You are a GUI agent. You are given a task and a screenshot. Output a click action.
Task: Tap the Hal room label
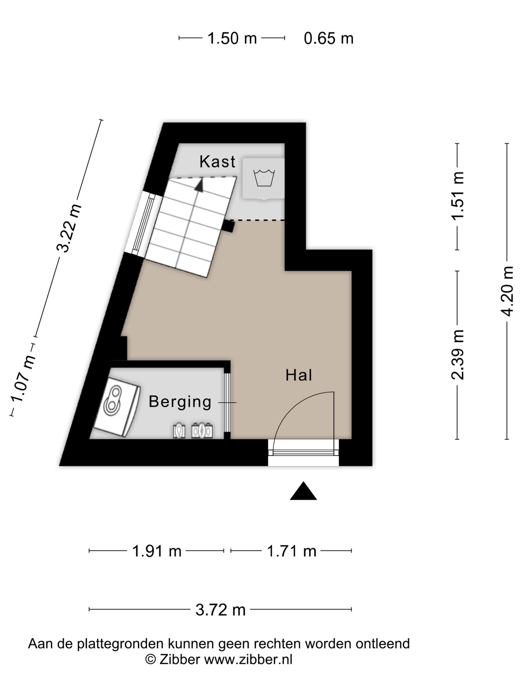click(x=299, y=375)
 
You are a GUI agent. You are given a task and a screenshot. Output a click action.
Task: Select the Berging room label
click(x=180, y=402)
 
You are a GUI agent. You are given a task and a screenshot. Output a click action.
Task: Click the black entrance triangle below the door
click(x=303, y=491)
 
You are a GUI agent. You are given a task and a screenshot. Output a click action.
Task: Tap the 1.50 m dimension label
click(x=232, y=38)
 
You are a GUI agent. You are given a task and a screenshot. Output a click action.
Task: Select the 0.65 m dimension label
click(x=329, y=38)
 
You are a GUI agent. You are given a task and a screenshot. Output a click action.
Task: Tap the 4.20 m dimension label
click(x=507, y=291)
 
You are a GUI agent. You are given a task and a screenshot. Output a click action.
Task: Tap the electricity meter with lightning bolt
click(x=202, y=431)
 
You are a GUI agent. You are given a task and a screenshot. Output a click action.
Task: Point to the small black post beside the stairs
click(x=228, y=226)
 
